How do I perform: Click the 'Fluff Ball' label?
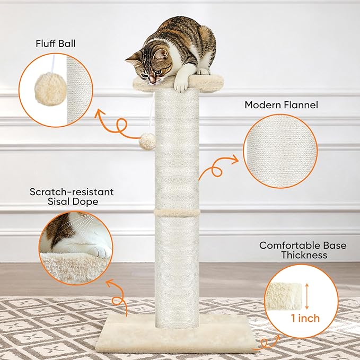point(56,43)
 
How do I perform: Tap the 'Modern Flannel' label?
point(281,105)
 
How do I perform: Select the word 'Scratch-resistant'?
point(72,192)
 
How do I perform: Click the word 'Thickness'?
point(304,255)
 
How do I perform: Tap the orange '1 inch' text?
point(305,318)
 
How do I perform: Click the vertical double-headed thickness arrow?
point(307,296)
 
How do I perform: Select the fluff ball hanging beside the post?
point(147,141)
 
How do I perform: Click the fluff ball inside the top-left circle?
point(50,89)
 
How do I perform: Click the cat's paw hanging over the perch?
point(181,85)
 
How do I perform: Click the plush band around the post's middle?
point(177,213)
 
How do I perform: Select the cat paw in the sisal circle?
point(100,251)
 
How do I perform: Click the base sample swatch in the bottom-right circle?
point(285,296)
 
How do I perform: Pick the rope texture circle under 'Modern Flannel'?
point(280,151)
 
